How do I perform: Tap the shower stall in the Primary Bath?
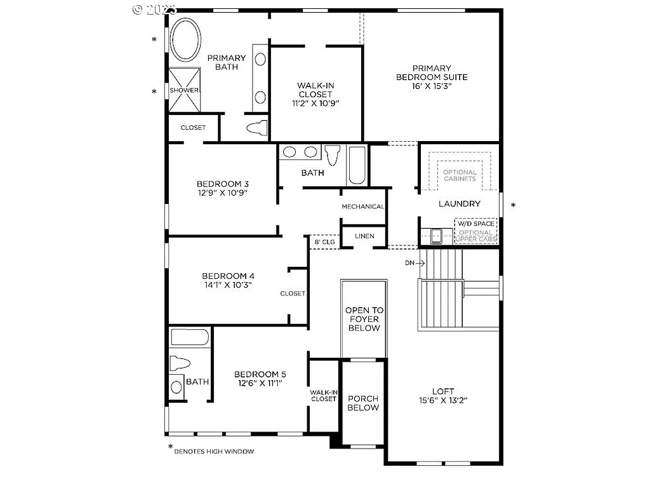pos(184,90)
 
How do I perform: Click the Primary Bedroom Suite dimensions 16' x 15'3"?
pos(432,86)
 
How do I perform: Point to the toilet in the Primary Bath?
pos(256,128)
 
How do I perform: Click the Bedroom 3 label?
pos(222,184)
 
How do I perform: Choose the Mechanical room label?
pos(363,207)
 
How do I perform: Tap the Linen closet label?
pos(364,236)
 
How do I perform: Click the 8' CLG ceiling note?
pos(325,241)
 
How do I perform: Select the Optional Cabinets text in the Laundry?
pos(460,175)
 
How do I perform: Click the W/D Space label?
pos(475,224)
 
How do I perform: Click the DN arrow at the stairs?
pos(410,262)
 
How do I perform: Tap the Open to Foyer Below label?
pos(364,319)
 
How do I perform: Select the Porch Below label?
pos(363,403)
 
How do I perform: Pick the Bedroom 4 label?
pos(228,276)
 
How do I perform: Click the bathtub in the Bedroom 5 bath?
pos(190,337)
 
